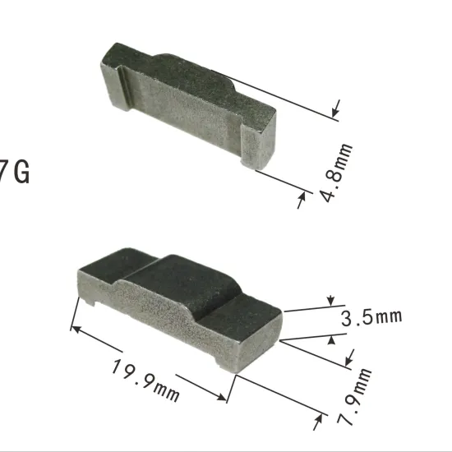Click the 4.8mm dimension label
pyautogui.click(x=336, y=173)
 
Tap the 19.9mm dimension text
pyautogui.click(x=145, y=381)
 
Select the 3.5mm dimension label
pyautogui.click(x=371, y=317)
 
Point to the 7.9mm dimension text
pyautogui.click(x=354, y=396)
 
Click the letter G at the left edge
pyautogui.click(x=22, y=172)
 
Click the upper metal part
pyautogui.click(x=188, y=106)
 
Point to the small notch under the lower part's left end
pyautogui.click(x=90, y=302)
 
